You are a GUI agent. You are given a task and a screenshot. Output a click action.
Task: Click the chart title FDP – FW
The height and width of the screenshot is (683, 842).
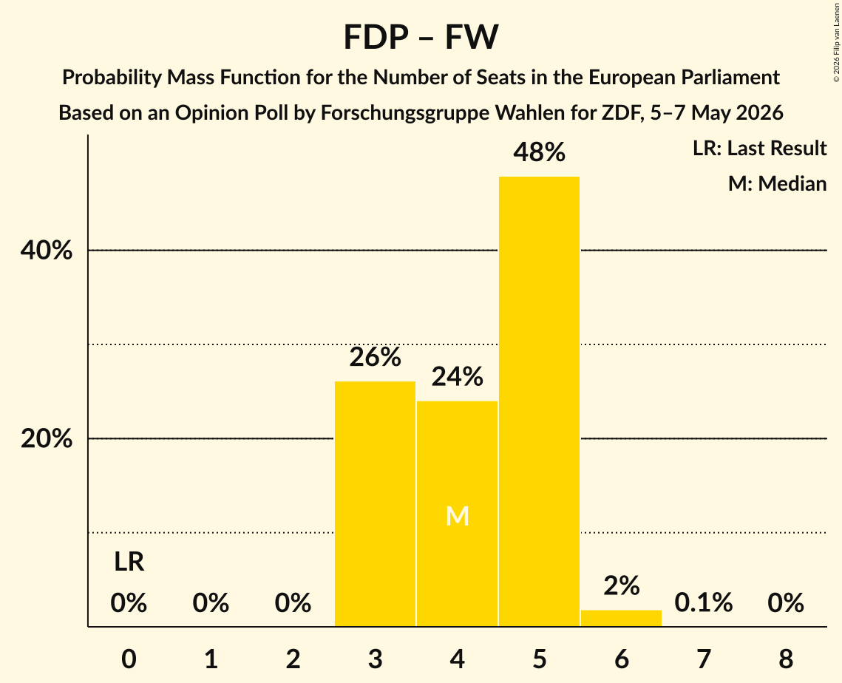(x=421, y=37)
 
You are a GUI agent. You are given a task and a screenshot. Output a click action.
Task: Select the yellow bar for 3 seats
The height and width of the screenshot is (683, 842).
(x=375, y=503)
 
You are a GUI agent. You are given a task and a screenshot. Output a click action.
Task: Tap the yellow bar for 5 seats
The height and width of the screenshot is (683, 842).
(x=539, y=401)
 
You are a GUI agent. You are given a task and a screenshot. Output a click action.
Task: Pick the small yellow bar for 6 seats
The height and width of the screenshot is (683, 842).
(x=621, y=618)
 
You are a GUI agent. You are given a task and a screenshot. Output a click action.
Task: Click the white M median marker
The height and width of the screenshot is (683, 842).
(x=458, y=516)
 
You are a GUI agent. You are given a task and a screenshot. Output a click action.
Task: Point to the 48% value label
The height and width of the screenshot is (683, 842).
(x=539, y=152)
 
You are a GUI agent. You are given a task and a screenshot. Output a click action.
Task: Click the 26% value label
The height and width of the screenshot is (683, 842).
(x=375, y=357)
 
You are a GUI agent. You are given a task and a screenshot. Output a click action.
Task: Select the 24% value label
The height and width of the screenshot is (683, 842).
(x=458, y=377)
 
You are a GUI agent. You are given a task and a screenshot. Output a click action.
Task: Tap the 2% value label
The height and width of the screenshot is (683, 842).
(x=621, y=586)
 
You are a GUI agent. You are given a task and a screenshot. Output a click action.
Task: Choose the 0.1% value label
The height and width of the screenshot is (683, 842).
(x=704, y=603)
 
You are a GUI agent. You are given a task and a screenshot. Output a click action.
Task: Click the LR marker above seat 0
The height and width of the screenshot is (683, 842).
(x=129, y=562)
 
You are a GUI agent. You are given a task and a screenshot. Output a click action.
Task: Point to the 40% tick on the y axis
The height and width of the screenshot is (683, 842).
(x=46, y=251)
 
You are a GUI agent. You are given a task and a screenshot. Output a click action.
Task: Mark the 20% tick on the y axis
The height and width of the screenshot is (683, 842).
(x=46, y=438)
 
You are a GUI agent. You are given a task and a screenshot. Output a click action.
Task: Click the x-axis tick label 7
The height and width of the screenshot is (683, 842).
(x=704, y=659)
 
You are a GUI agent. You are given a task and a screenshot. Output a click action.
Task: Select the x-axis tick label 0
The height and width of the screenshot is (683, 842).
(x=129, y=659)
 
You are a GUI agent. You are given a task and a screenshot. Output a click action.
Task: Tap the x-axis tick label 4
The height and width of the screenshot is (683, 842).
(x=458, y=659)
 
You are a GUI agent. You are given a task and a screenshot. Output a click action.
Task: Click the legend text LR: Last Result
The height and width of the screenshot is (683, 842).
(x=759, y=148)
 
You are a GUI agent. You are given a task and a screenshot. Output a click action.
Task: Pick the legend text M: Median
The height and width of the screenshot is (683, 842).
(x=777, y=183)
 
